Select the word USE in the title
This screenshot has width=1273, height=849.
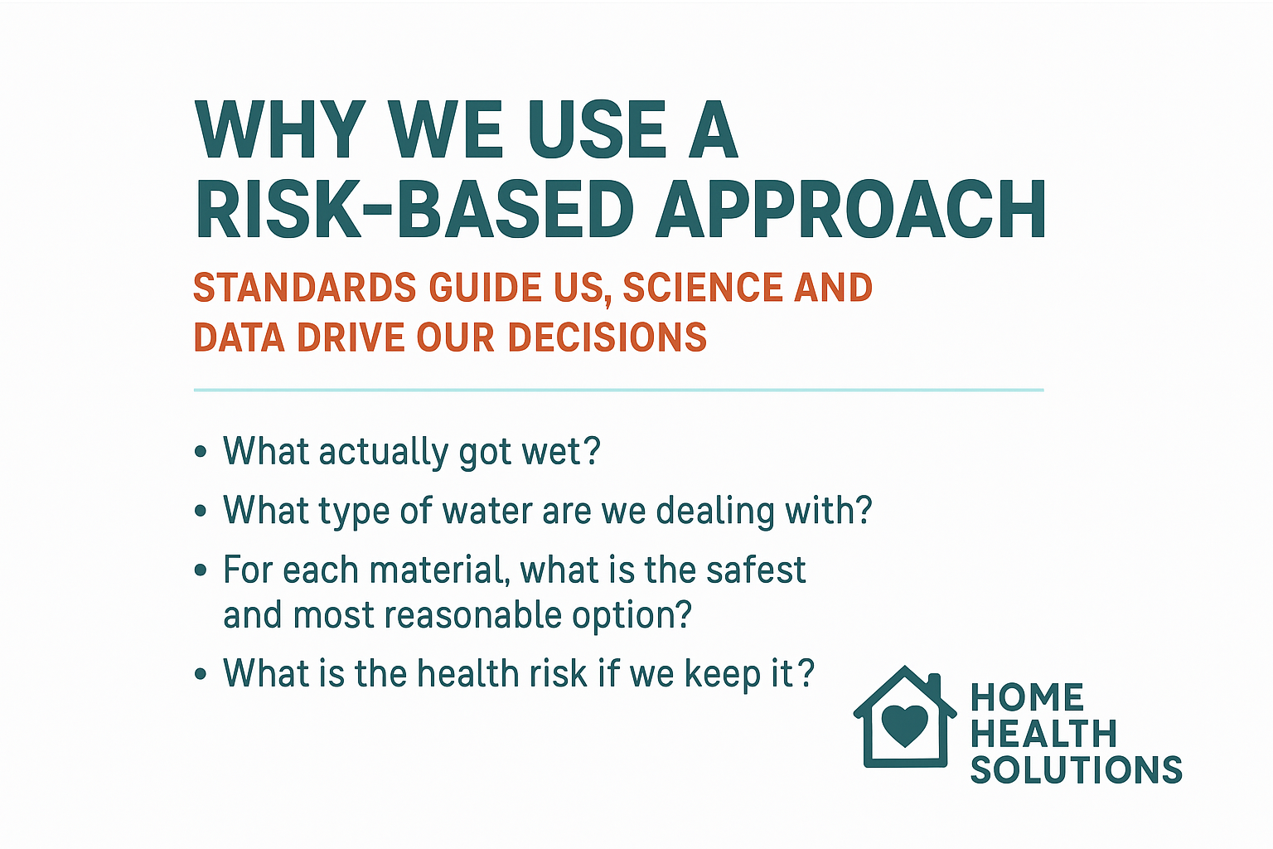[x=597, y=130]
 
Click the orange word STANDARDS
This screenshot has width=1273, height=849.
[x=304, y=288]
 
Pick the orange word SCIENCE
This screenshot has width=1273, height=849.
[x=702, y=288]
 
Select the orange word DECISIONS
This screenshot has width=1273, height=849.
[x=607, y=338]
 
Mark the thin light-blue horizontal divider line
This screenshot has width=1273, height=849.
[x=618, y=390]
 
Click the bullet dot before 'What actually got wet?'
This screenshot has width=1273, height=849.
[x=200, y=453]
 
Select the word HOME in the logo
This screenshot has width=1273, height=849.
[x=1027, y=698]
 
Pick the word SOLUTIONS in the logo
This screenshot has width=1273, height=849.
[x=1076, y=770]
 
